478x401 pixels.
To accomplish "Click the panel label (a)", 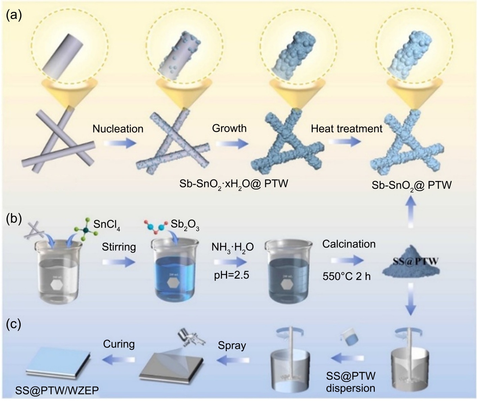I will (x=14, y=15).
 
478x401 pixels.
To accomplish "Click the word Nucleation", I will (x=118, y=128).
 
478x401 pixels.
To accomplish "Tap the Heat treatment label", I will (x=346, y=128).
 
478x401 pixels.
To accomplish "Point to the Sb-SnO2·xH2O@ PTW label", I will (x=234, y=184).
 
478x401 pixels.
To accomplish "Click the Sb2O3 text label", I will (x=185, y=225).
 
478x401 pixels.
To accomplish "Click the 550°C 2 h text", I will (x=346, y=276).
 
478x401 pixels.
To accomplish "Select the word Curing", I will (x=119, y=344).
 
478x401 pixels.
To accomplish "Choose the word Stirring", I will (x=119, y=247).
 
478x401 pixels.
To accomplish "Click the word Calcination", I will (x=349, y=244).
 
